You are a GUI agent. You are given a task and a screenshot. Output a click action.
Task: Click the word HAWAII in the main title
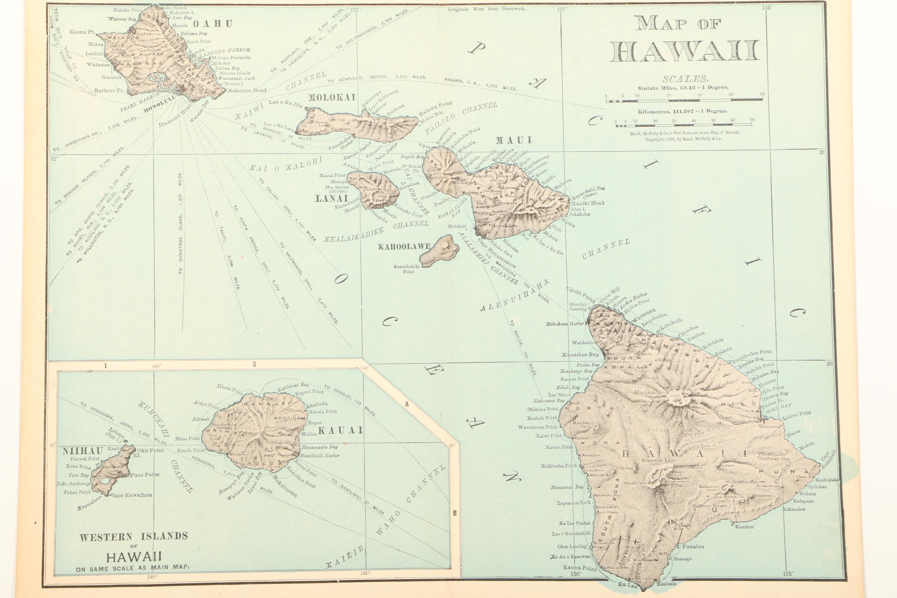[685, 51]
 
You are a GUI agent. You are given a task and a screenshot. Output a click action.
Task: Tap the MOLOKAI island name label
[331, 97]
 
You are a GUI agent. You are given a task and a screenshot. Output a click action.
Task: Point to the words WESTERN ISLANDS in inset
[134, 537]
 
